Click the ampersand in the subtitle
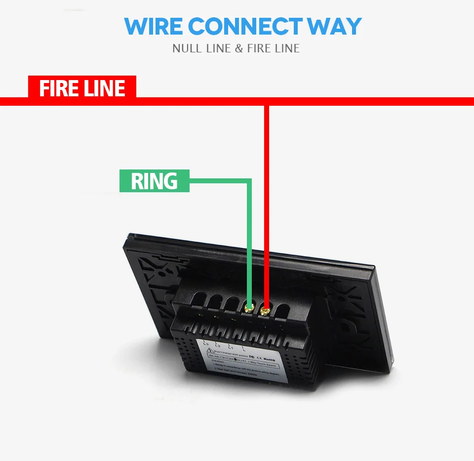tap(238, 48)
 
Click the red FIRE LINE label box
tap(82, 88)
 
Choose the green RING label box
tap(154, 181)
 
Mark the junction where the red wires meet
tap(267, 101)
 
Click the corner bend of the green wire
tap(249, 181)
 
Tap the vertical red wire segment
tap(267, 208)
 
